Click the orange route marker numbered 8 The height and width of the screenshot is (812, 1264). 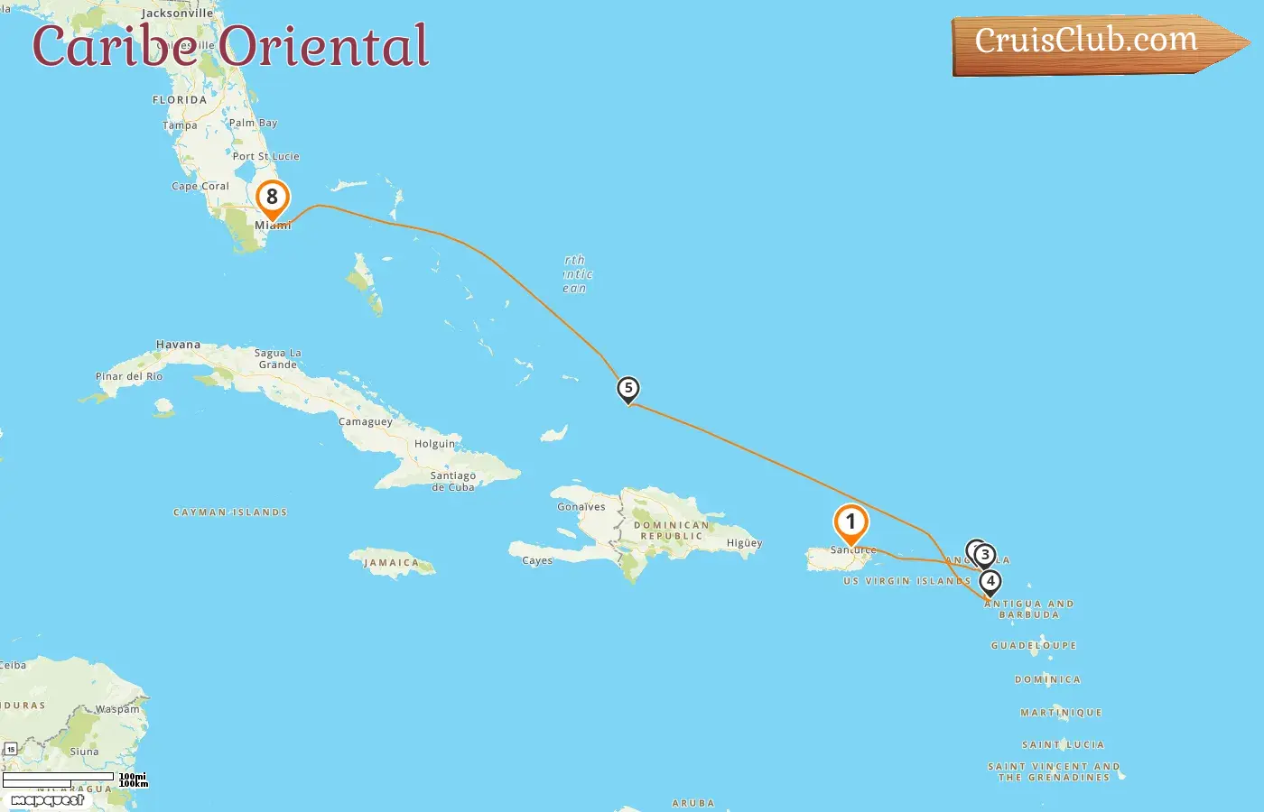pyautogui.click(x=272, y=198)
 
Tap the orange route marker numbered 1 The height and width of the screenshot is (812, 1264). pyautogui.click(x=850, y=521)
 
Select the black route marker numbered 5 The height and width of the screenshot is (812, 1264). pyautogui.click(x=628, y=389)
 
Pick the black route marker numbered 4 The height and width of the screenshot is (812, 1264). pyautogui.click(x=990, y=581)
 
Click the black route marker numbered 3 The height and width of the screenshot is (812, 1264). pyautogui.click(x=985, y=555)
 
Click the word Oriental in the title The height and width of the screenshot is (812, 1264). pyautogui.click(x=323, y=46)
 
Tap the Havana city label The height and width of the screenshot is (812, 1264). pyautogui.click(x=178, y=345)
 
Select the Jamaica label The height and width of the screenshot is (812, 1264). pyautogui.click(x=391, y=563)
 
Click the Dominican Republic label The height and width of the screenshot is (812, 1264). pyautogui.click(x=670, y=531)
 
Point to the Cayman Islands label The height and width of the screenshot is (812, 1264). pyautogui.click(x=230, y=512)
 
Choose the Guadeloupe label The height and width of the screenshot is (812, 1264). pyautogui.click(x=1034, y=646)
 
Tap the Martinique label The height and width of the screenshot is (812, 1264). pyautogui.click(x=1061, y=713)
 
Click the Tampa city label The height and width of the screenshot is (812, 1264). pyautogui.click(x=180, y=125)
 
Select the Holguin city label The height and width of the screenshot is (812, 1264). pyautogui.click(x=434, y=444)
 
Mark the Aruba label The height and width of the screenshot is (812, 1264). pyautogui.click(x=693, y=803)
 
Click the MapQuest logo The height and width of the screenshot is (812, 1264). pyautogui.click(x=47, y=799)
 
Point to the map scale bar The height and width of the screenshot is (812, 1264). pyautogui.click(x=59, y=779)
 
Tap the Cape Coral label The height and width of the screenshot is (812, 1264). pyautogui.click(x=200, y=187)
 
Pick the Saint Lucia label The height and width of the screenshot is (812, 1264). pyautogui.click(x=1063, y=745)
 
